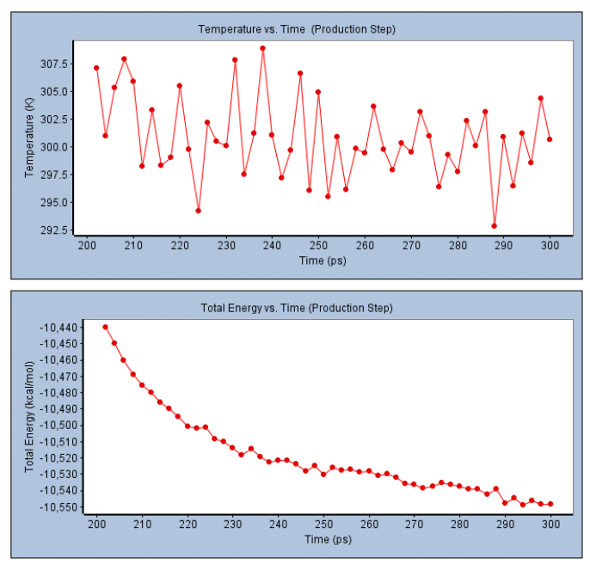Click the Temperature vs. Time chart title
click(x=296, y=29)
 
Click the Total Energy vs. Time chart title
click(x=297, y=307)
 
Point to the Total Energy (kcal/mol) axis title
click(x=28, y=417)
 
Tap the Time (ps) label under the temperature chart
click(x=323, y=260)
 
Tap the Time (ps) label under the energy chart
click(x=328, y=539)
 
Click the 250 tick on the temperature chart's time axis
click(x=318, y=245)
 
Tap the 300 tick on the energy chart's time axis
click(x=550, y=524)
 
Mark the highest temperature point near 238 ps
click(x=262, y=48)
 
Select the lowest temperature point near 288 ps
click(x=495, y=226)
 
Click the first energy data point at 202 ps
click(x=106, y=327)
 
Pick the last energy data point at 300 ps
click(x=550, y=504)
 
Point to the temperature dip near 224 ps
click(x=198, y=211)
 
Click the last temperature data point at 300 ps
click(x=550, y=139)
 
